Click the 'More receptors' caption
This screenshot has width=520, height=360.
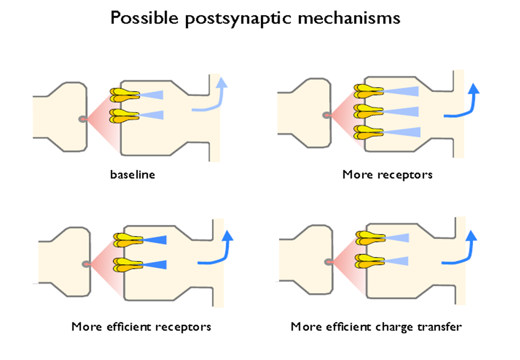point(387,175)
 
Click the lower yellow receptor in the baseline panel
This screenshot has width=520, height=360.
point(124,116)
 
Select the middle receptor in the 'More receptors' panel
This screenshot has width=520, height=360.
point(368,111)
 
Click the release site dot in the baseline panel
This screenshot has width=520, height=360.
point(83,119)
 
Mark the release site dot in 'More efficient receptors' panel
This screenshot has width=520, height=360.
point(86,264)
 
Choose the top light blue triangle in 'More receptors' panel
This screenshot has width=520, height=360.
point(401,90)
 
